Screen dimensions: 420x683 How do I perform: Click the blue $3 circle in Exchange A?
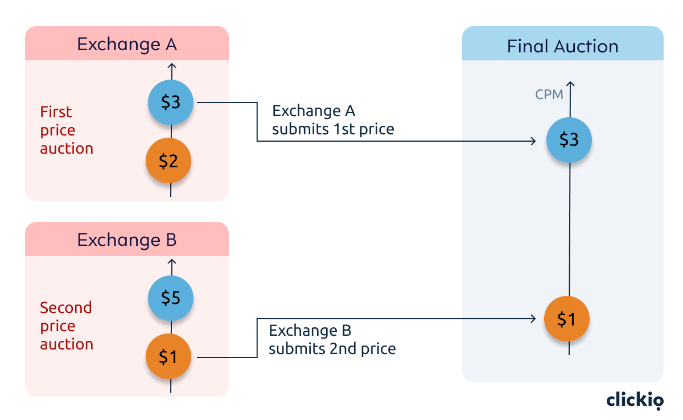tap(171, 102)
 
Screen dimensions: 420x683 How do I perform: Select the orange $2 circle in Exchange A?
tap(168, 162)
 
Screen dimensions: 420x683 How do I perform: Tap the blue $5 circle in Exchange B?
tap(171, 298)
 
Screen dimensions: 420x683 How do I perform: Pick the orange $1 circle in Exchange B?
tap(168, 357)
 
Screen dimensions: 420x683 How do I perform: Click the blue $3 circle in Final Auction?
tap(569, 140)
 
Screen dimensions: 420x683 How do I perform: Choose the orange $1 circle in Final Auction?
tap(566, 320)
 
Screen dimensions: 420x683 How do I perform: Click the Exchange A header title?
tap(127, 44)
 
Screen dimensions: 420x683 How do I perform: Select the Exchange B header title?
tap(127, 240)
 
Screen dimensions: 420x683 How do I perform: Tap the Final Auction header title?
tap(562, 46)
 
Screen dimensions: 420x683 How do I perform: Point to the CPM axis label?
tap(549, 94)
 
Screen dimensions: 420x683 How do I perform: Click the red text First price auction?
tap(66, 130)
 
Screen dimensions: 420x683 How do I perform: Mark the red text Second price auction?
tap(66, 326)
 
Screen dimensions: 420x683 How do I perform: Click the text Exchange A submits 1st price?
tap(333, 120)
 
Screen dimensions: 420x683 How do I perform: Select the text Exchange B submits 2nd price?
tap(332, 340)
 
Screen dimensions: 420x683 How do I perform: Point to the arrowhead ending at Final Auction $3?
tap(534, 141)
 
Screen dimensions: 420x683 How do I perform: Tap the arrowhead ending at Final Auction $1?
tap(534, 319)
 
